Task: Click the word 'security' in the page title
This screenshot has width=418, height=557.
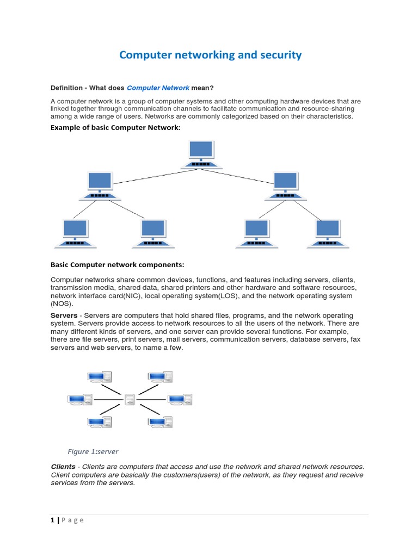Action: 277,55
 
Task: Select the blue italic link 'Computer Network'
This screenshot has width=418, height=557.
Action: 158,88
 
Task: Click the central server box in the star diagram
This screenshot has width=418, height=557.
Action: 130,400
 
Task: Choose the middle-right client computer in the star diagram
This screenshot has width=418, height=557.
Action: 180,400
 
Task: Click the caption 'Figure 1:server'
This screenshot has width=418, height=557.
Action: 93,451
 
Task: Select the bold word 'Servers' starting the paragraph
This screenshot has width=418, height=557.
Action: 64,315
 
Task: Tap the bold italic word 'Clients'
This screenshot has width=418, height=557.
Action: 63,467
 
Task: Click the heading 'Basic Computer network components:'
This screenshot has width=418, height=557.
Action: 117,265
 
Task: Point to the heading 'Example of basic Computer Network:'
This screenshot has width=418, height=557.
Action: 115,127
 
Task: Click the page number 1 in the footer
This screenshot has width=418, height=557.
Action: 52,520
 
